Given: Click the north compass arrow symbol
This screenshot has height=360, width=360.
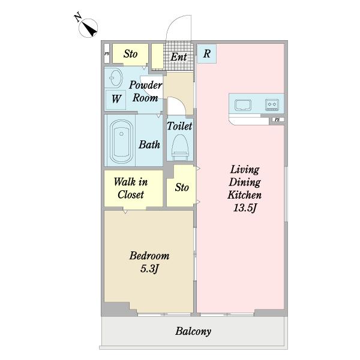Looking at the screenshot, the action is pos(88,28).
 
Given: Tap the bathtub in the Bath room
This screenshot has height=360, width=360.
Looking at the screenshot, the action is pos(121,142).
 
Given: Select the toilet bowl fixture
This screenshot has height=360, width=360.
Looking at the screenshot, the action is pos(180,147).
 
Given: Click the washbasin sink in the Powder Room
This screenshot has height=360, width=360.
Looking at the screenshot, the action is pos(115,78).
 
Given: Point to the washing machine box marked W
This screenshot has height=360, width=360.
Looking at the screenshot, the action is pos(116,100).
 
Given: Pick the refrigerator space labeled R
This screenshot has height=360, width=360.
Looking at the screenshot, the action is pos(206,54).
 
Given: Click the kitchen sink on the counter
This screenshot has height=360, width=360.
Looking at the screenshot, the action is pos(242,105).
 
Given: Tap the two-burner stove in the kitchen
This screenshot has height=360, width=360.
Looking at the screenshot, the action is pos(272,104).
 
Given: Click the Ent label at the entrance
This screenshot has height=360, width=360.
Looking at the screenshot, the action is pos(178,57).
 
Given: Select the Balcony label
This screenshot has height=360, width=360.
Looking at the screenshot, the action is pos(193,331).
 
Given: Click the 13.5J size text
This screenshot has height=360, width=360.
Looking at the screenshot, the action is pos(245,208).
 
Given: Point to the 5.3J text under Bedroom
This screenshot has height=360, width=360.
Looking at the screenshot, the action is pos(149,269).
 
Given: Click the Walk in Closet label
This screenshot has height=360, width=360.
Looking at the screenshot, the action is pos(131,188).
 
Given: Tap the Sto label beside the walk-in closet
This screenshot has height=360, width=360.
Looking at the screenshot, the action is pos(182,187).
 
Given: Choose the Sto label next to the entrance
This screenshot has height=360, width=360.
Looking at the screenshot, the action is pos(130,54).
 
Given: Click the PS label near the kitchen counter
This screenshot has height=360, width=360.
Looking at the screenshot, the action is pos(277,119).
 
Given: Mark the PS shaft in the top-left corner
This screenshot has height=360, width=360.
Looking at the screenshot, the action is pos(107,54).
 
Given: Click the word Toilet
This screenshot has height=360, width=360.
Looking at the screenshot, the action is pos(179,126).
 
